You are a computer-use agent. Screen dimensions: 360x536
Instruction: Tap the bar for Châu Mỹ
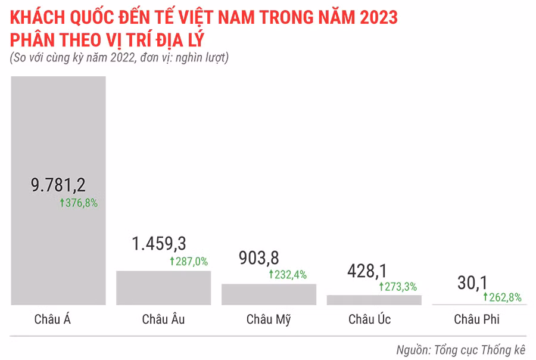click(269, 294)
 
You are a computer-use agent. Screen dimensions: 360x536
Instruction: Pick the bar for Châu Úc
click(374, 300)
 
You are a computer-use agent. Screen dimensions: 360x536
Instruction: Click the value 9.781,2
click(58, 185)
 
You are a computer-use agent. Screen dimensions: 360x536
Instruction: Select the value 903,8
click(258, 257)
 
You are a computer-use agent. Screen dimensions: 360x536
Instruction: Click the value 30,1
click(472, 283)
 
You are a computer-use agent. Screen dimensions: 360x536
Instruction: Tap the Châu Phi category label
click(476, 319)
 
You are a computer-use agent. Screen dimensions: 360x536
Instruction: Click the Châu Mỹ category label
click(269, 319)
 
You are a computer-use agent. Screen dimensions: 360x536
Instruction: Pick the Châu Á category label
click(53, 319)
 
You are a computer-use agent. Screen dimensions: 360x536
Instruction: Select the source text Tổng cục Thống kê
click(482, 349)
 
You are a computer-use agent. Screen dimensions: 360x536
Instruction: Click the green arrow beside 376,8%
click(62, 203)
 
